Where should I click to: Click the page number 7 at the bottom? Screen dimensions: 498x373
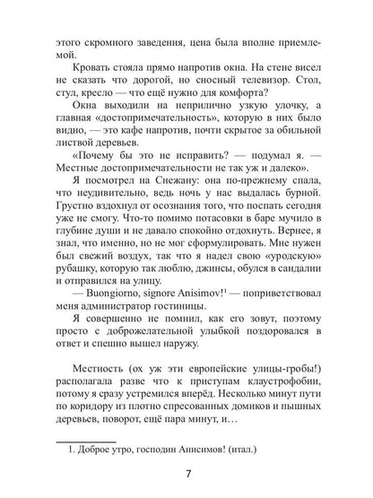point(186,476)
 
